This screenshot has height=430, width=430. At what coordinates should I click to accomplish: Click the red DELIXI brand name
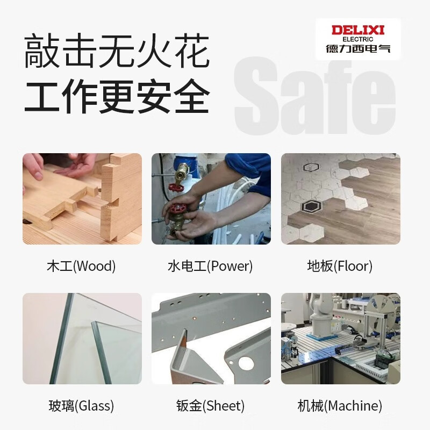(x=358, y=30)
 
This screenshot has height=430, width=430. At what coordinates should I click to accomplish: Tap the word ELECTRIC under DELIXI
(x=358, y=39)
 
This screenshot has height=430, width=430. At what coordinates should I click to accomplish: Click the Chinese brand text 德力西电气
(x=358, y=49)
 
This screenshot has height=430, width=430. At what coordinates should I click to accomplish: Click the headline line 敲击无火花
(x=116, y=52)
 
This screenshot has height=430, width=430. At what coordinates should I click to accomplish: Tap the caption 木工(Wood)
(x=81, y=266)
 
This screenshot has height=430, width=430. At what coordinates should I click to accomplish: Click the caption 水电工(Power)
(x=210, y=266)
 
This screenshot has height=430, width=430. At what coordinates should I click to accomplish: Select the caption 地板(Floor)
(x=340, y=266)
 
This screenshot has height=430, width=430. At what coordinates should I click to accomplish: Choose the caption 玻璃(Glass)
(x=81, y=405)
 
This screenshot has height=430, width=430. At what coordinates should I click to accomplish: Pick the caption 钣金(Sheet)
(x=210, y=405)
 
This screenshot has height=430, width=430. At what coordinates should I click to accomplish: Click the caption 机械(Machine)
(x=340, y=405)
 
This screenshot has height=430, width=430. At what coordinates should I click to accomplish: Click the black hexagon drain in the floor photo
(x=310, y=205)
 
